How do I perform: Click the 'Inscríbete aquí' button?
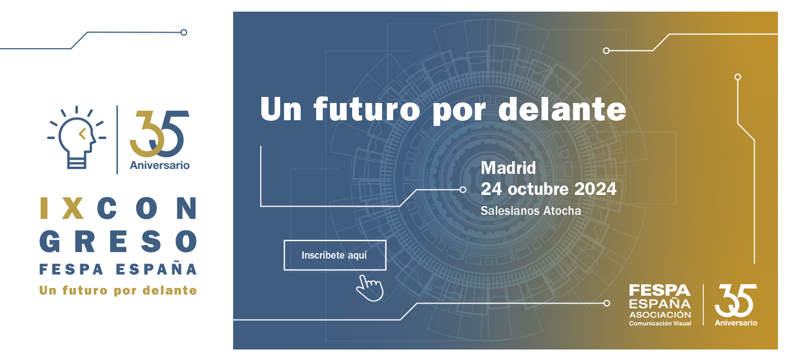[x=334, y=255]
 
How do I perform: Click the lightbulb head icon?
[x=76, y=136]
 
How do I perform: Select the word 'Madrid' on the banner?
[x=508, y=167]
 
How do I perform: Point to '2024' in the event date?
[x=595, y=189]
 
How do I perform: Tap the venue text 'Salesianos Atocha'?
[x=530, y=211]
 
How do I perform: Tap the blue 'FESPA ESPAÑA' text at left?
[x=118, y=270]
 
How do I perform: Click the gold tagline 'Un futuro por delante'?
[x=118, y=290]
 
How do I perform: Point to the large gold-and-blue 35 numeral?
[x=159, y=133]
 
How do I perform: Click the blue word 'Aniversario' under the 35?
[x=159, y=165]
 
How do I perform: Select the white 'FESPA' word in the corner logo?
[x=659, y=291]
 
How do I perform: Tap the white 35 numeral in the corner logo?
[x=735, y=301]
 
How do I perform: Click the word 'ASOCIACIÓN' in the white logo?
[x=659, y=315]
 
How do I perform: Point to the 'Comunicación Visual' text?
[x=659, y=323]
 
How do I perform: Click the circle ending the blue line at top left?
[x=184, y=32]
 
